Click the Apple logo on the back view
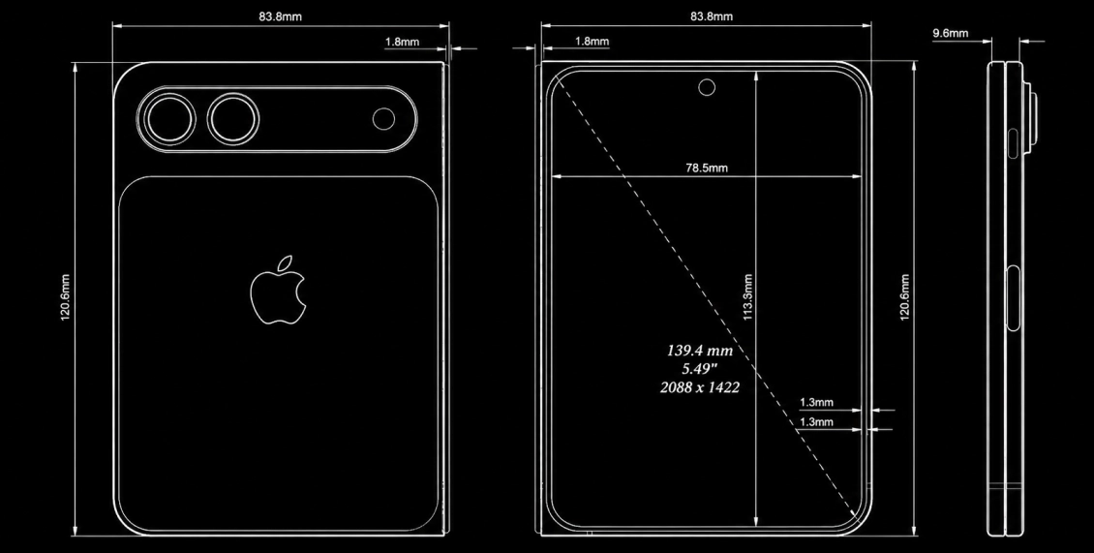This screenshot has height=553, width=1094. [x=278, y=292]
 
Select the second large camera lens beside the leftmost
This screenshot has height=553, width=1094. [x=233, y=119]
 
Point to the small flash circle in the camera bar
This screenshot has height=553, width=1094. [x=383, y=119]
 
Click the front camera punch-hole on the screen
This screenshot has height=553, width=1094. [x=707, y=87]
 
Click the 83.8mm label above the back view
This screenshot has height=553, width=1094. [x=281, y=16]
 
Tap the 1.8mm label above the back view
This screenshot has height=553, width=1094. [x=403, y=42]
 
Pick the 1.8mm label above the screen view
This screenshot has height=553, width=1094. [x=592, y=42]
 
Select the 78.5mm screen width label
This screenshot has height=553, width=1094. [x=706, y=168]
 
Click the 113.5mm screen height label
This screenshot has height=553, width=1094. [x=748, y=296]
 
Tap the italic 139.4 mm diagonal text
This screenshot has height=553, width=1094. [x=700, y=351]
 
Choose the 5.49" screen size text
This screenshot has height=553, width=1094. [x=700, y=369]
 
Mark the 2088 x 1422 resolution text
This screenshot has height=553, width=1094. [x=700, y=386]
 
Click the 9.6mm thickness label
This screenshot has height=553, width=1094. [x=951, y=33]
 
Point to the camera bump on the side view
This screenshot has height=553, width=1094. [x=1030, y=118]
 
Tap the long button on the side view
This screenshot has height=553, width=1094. [x=1013, y=298]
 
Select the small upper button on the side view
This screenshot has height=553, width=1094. [x=1013, y=143]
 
